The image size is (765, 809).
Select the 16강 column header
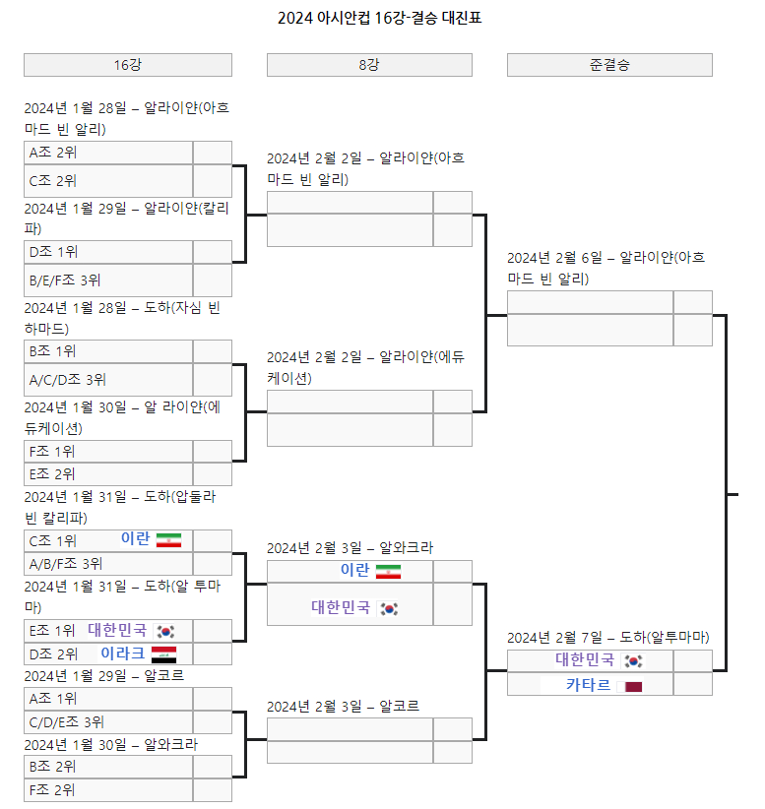click(x=128, y=65)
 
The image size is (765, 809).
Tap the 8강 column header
click(x=369, y=65)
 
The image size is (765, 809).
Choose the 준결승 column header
click(x=609, y=65)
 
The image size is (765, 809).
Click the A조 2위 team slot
click(x=108, y=153)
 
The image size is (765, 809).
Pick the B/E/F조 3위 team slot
click(x=108, y=280)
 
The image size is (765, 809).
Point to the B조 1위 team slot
click(x=108, y=351)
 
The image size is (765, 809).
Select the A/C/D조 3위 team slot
click(x=108, y=379)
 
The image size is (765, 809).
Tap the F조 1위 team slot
click(x=108, y=451)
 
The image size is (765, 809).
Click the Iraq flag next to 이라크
click(x=164, y=654)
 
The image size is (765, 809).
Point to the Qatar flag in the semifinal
click(x=633, y=685)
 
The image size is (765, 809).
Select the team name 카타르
click(x=588, y=685)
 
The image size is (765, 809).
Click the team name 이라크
click(x=123, y=653)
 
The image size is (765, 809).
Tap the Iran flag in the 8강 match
click(x=388, y=571)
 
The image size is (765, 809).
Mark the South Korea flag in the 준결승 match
click(x=633, y=660)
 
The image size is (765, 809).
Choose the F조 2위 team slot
click(x=108, y=789)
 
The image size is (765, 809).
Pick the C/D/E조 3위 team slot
click(x=108, y=722)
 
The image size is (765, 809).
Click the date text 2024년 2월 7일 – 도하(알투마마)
click(x=607, y=637)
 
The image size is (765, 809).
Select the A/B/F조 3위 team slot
click(x=108, y=564)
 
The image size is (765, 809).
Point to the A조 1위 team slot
click(x=108, y=698)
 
